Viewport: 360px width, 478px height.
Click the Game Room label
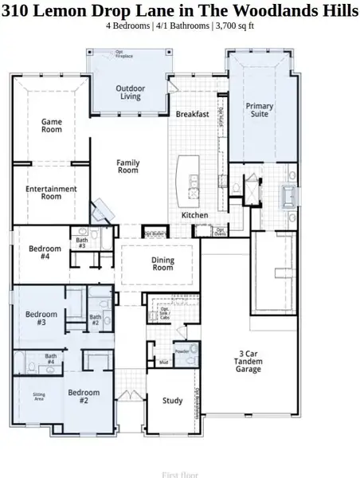coord(52,125)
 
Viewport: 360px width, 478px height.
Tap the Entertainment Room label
coord(52,193)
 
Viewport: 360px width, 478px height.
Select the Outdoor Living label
coord(130,92)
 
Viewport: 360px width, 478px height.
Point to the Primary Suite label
coord(260,110)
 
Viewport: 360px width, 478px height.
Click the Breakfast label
coord(192,114)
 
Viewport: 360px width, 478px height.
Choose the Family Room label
coord(128,167)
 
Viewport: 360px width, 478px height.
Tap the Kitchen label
coord(194,215)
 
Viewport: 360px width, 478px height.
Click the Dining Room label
coord(162,264)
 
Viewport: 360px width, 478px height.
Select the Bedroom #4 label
coord(45,253)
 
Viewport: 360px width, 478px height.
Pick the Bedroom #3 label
coord(41,318)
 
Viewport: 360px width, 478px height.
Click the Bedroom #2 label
coord(84,397)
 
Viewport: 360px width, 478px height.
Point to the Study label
coord(173,401)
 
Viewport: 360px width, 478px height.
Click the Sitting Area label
coord(39,397)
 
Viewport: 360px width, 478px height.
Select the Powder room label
coord(182,351)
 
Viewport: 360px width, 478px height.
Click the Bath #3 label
coord(82,243)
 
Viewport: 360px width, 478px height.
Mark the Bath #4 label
coord(50,359)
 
